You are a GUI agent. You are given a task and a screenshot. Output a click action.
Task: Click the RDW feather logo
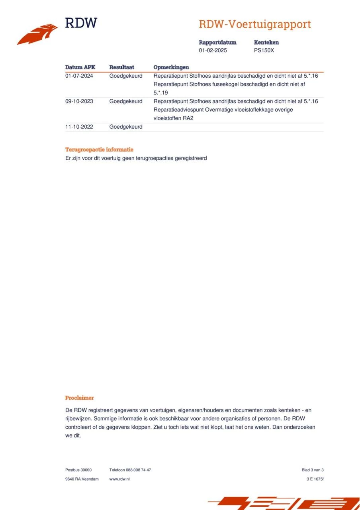pyautogui.click(x=37, y=34)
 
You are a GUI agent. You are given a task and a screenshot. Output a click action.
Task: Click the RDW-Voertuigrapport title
pyautogui.click(x=254, y=24)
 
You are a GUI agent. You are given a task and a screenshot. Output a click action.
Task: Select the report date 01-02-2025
pyautogui.click(x=213, y=51)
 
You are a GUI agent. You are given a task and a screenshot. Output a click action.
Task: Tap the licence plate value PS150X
pyautogui.click(x=264, y=51)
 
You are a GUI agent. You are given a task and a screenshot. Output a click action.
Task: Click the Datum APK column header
pyautogui.click(x=80, y=67)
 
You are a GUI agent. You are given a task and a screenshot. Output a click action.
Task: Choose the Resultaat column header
pyautogui.click(x=121, y=67)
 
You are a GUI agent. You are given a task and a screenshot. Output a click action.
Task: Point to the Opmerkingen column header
pyautogui.click(x=171, y=67)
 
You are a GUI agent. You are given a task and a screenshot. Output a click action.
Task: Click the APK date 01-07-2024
pyautogui.click(x=79, y=76)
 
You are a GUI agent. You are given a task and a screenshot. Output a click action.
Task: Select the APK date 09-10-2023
pyautogui.click(x=79, y=101)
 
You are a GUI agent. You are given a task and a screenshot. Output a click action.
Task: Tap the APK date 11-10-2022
pyautogui.click(x=79, y=127)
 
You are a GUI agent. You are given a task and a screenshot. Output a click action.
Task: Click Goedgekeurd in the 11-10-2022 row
pyautogui.click(x=126, y=127)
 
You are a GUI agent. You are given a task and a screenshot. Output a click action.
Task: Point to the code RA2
pyautogui.click(x=188, y=118)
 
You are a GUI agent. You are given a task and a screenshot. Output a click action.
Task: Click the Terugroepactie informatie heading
pyautogui.click(x=99, y=150)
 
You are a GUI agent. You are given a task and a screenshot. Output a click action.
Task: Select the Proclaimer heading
pyautogui.click(x=80, y=398)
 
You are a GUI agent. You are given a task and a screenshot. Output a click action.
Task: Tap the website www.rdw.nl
pyautogui.click(x=119, y=479)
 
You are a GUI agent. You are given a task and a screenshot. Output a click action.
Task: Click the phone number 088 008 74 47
pyautogui.click(x=138, y=470)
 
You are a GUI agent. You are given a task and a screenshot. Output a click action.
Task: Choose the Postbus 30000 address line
pyautogui.click(x=78, y=470)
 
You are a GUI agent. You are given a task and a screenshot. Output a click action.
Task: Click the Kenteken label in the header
pyautogui.click(x=266, y=42)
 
